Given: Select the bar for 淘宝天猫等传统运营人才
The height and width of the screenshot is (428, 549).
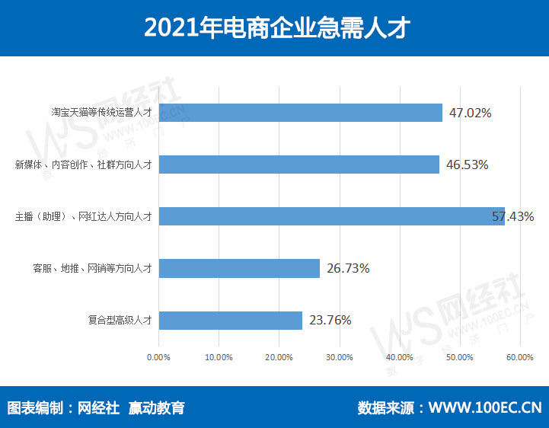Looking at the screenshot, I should [300, 113].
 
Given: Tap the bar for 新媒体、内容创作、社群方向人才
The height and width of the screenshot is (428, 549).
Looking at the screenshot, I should [298, 164].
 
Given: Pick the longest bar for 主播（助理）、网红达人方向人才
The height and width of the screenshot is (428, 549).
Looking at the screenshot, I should [331, 216].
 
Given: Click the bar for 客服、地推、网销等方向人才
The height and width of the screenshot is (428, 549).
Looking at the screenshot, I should [239, 268].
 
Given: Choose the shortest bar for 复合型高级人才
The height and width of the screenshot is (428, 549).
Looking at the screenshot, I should [230, 320].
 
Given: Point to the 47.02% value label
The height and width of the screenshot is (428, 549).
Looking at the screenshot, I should [470, 113].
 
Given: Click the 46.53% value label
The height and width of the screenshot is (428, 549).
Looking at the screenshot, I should [467, 164].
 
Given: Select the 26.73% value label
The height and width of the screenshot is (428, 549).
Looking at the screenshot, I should [348, 268].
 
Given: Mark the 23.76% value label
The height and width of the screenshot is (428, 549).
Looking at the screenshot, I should [330, 320].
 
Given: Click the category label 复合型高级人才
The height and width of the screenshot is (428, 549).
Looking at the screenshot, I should [120, 321].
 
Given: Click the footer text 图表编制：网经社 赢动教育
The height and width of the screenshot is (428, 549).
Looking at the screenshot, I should [96, 407].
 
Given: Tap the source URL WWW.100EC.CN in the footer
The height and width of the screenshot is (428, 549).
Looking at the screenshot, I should [485, 407].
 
